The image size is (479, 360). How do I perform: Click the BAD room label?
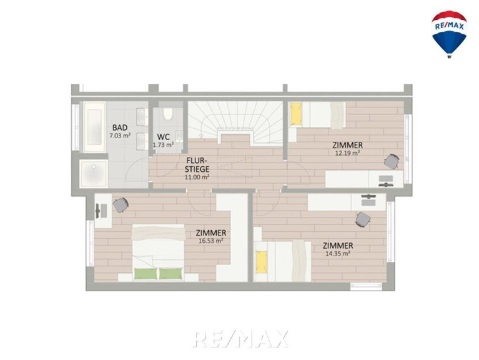120,127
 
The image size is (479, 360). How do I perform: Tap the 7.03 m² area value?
120,136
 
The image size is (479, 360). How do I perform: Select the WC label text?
163,137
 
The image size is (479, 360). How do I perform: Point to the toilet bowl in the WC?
167,114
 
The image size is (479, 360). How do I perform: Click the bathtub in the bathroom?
94,127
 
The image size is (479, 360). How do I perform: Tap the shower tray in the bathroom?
94,174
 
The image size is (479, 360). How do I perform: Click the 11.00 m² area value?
197,177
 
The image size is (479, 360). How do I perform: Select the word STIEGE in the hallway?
197,169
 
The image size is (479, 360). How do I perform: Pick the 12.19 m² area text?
347,152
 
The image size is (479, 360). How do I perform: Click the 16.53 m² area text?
211,241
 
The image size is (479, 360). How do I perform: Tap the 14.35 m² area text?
338,253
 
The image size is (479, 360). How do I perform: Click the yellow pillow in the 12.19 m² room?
296,114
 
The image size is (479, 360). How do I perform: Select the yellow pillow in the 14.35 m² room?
261,262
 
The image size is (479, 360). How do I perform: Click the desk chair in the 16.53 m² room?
121,205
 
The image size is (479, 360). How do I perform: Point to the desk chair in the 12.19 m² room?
392,161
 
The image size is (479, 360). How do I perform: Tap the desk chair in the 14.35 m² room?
363,219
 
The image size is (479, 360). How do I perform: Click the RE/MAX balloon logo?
449,34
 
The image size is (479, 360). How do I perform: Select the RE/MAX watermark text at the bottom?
241,339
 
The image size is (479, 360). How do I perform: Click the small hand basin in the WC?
179,137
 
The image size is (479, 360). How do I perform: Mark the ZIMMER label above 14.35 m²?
338,246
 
